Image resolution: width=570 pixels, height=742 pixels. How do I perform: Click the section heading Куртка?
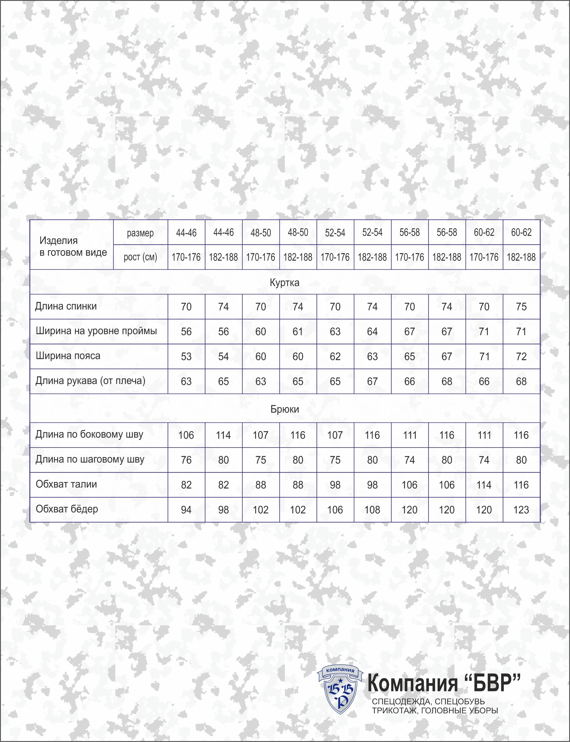284,283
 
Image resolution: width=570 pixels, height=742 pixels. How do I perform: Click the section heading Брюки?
284,409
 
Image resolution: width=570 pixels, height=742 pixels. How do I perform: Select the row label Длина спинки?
66,307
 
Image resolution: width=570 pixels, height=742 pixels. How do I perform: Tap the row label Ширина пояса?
68,356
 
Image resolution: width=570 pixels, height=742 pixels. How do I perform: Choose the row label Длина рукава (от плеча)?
90,381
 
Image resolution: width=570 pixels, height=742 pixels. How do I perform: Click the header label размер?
140,233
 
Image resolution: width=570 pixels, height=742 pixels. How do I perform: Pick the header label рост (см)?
140,257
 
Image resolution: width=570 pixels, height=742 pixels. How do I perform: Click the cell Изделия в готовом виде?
73,246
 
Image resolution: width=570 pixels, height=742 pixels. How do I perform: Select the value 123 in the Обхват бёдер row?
521,510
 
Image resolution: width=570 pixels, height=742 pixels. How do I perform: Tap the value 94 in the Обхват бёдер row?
186,510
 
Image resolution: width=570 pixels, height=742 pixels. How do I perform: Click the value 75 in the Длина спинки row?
521,307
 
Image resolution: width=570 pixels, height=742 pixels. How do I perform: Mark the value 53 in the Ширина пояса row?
186,357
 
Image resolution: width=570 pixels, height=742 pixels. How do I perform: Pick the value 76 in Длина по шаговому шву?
186,460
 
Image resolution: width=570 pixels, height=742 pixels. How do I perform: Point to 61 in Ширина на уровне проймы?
297,332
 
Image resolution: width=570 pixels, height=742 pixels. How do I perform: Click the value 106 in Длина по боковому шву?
186,435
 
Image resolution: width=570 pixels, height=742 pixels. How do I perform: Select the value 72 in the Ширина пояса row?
521,357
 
